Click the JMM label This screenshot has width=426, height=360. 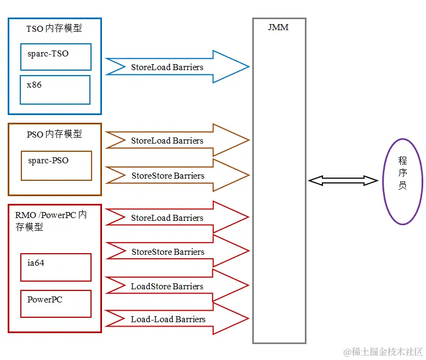(278, 27)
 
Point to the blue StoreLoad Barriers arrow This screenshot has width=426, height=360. (177, 66)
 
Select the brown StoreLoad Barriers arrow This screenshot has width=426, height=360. (177, 140)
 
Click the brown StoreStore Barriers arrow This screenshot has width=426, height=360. (177, 175)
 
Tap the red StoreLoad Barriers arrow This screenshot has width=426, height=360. (177, 217)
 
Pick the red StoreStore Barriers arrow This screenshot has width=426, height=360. (177, 251)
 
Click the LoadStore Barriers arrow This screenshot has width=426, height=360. (177, 285)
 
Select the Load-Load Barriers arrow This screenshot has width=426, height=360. (177, 318)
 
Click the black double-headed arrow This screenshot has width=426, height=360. (343, 180)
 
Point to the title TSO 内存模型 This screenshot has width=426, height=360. (54, 28)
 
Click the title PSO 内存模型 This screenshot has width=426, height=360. (54, 134)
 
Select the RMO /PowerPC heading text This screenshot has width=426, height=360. (51, 221)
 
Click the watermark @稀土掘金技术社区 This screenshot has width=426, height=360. (383, 352)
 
